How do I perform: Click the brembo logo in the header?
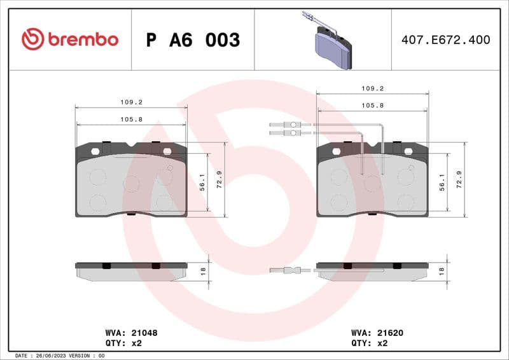(x=70, y=39)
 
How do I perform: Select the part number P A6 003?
(x=193, y=40)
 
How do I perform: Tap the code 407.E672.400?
(x=445, y=39)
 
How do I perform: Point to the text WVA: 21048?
(x=131, y=333)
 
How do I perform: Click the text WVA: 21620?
(x=377, y=333)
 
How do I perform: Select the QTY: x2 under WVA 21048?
(x=124, y=342)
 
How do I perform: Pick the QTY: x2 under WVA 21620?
(x=370, y=342)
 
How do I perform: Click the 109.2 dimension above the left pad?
(x=131, y=102)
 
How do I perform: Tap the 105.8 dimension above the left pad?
(x=131, y=119)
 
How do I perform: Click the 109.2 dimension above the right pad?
(x=372, y=89)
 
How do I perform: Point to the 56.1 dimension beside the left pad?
(x=202, y=181)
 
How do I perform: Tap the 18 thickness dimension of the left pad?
(x=202, y=271)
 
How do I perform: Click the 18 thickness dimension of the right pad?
(x=442, y=271)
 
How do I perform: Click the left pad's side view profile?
(x=131, y=270)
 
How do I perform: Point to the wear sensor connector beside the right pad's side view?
(x=289, y=270)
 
